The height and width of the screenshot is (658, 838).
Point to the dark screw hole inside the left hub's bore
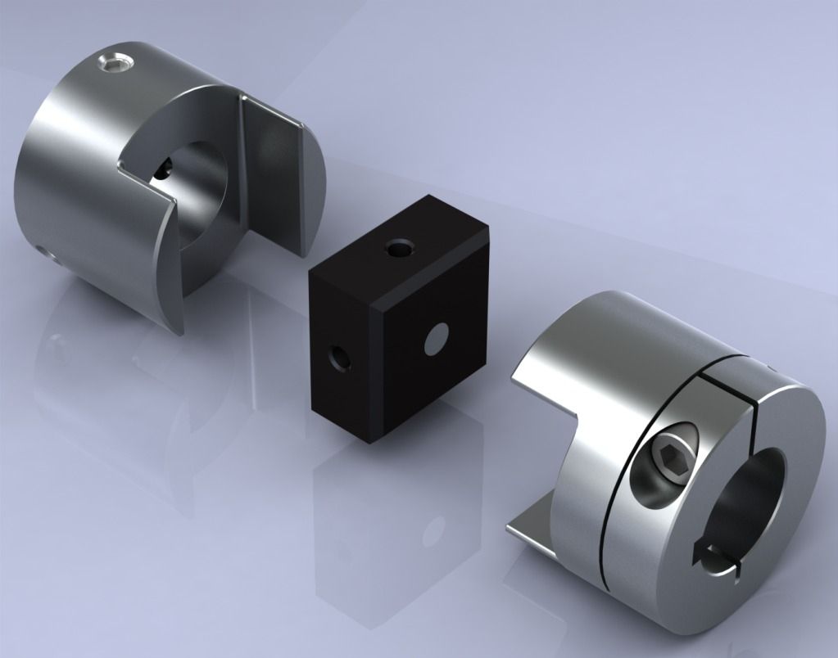[x=164, y=169]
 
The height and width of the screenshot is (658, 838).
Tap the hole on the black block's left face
[x=338, y=356]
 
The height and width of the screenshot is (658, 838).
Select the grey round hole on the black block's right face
[x=437, y=338]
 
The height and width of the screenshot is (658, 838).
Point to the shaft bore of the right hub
[x=750, y=491]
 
